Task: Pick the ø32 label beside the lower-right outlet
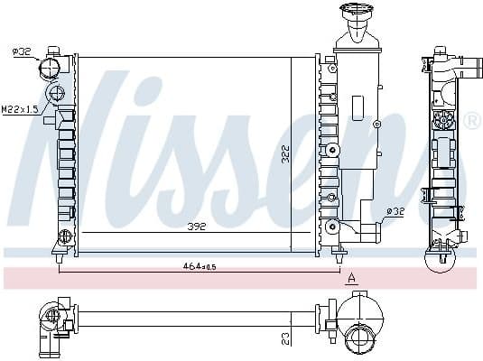point(395,212)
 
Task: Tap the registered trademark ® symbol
point(471,120)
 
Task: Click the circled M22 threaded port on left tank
point(59,93)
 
